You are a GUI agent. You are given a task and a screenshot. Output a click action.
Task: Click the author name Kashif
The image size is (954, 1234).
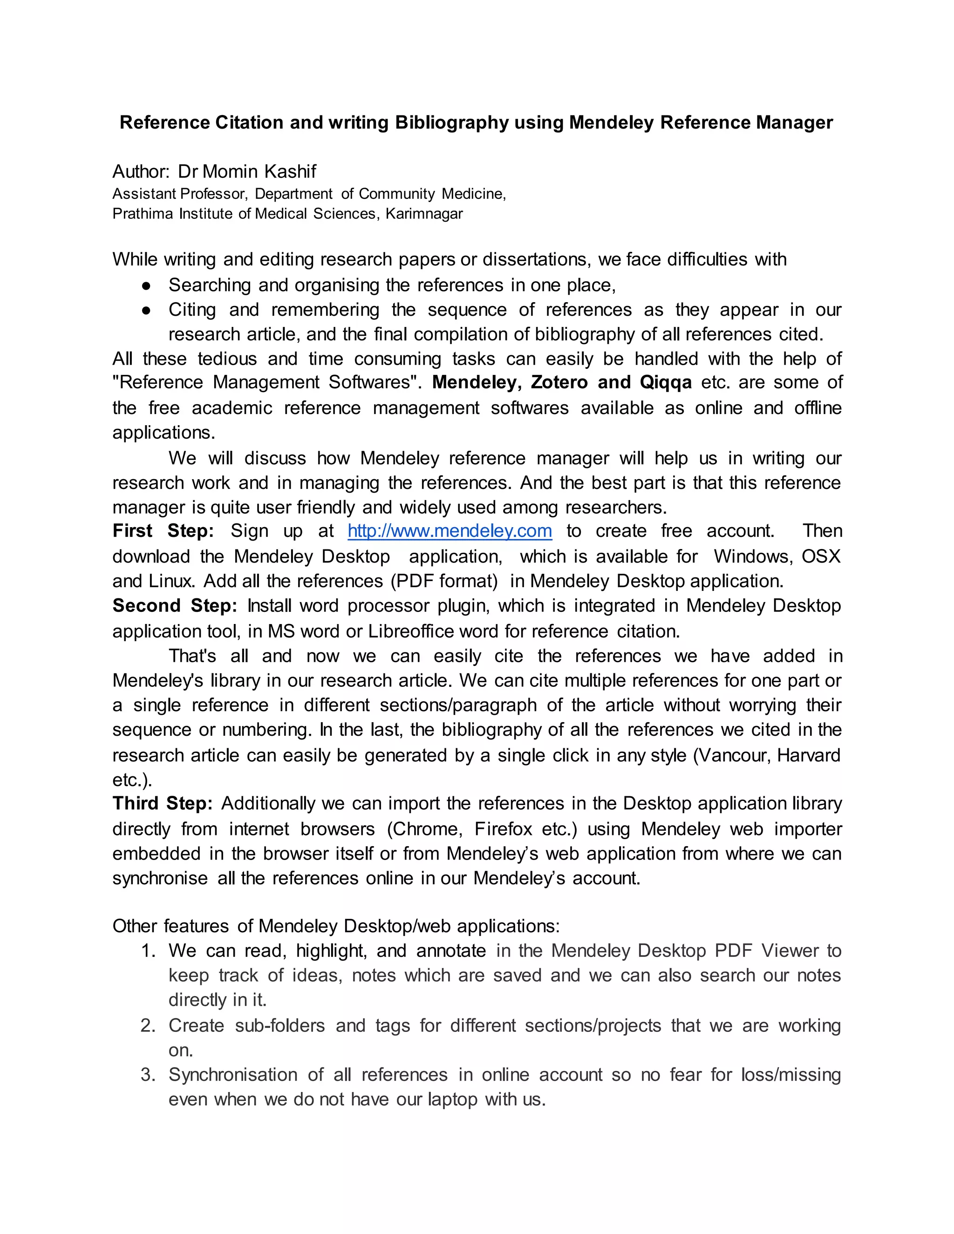click(291, 171)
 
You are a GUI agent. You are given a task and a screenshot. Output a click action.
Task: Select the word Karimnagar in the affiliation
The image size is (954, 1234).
click(424, 214)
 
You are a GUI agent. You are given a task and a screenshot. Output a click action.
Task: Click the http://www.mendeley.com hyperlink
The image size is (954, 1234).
click(450, 531)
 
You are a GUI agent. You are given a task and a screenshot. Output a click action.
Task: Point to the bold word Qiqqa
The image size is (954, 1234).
click(666, 382)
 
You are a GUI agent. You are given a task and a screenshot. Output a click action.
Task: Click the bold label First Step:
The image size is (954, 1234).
click(163, 531)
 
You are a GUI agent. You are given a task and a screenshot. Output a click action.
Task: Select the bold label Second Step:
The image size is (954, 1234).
click(175, 606)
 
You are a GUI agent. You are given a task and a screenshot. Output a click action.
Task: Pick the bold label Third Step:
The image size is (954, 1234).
click(162, 803)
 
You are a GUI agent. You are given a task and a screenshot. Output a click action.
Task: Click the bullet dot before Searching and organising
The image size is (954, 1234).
click(146, 286)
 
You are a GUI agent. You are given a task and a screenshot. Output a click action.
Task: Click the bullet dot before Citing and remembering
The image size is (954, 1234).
click(146, 310)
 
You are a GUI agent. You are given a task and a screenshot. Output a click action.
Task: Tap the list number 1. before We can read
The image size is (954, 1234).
click(148, 951)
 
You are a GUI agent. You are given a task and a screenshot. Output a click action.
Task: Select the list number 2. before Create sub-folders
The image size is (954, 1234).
click(148, 1025)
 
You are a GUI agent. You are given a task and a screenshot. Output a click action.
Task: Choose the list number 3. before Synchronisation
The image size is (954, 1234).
click(148, 1075)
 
